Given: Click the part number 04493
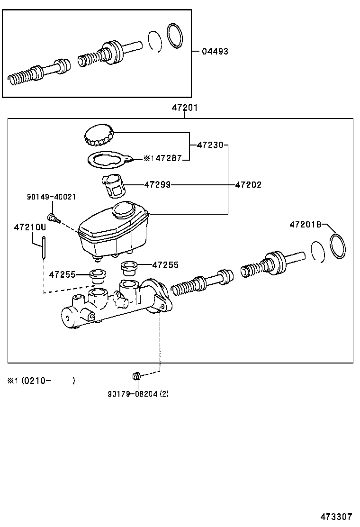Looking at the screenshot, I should click(215, 51).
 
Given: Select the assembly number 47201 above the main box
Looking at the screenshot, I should click(184, 108).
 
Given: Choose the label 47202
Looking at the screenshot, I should click(248, 185).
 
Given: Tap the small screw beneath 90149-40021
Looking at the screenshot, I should click(54, 218).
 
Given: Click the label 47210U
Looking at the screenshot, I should click(29, 227).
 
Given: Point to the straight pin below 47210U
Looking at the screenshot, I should click(43, 248).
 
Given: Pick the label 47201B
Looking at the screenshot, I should click(306, 225).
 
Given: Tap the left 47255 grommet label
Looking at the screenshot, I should click(62, 274).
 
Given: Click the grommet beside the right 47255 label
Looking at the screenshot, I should click(129, 268).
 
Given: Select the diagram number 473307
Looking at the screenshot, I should click(337, 517).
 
